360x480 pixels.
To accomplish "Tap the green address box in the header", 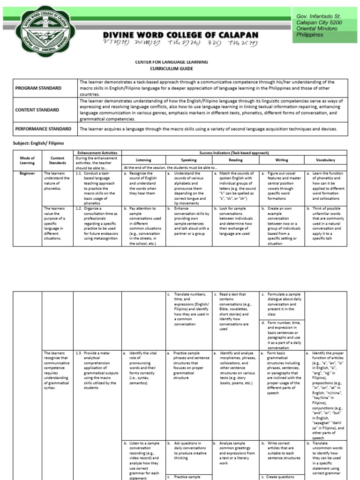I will [x=324, y=25].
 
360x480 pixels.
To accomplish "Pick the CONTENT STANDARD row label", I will [x=37, y=110].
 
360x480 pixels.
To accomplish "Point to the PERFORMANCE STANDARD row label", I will [x=43, y=129].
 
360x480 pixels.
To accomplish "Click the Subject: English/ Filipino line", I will [x=37, y=142].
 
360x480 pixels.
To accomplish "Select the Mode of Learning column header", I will [x=27, y=161].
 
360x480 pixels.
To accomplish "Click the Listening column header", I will [x=143, y=160].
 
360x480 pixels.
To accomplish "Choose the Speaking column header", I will [x=188, y=160].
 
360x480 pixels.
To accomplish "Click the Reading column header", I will [x=235, y=160].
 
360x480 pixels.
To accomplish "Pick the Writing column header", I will [x=282, y=160].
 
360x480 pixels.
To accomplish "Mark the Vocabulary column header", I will [x=326, y=160].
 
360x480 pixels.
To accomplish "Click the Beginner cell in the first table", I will [x=27, y=173].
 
